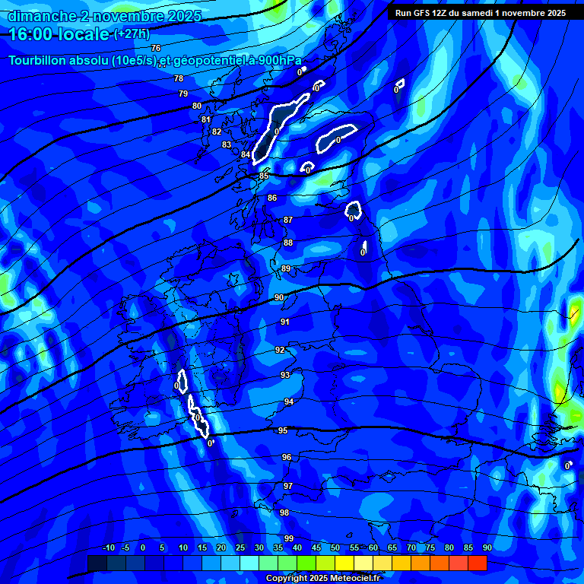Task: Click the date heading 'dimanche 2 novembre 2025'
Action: [104, 16]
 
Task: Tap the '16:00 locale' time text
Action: [59, 33]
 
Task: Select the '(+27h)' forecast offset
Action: [131, 34]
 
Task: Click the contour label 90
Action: [279, 297]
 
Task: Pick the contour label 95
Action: [283, 430]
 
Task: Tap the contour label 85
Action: [264, 176]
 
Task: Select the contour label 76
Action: [156, 48]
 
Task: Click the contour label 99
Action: [289, 538]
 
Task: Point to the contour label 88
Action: [288, 243]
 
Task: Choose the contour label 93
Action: [285, 375]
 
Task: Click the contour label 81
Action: [206, 119]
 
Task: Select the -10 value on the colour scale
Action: [108, 547]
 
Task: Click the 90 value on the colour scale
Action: [487, 547]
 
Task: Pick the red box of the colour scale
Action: [477, 563]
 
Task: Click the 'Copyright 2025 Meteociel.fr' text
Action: [322, 578]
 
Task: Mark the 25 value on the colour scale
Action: [240, 547]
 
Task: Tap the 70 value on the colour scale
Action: [411, 547]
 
